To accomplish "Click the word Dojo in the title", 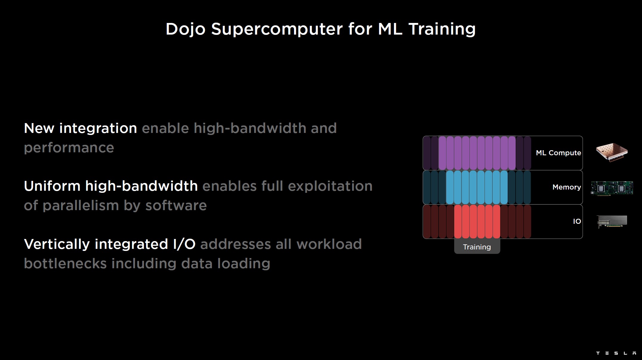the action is coord(185,29).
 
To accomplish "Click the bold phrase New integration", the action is coord(81,128).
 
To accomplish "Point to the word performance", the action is coord(69,148).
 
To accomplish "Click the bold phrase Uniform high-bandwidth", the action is coord(111,186).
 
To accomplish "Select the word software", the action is coord(176,206).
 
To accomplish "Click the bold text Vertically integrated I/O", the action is coord(110,244).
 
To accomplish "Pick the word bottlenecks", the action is coord(65,263).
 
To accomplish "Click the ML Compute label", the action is coord(559,153).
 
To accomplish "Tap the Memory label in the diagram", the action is coord(567,187).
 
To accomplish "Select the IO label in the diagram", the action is coord(577,221).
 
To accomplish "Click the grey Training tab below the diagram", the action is coord(477,246).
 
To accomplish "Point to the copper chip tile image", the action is coord(612,152).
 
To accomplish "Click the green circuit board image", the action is coord(612,188).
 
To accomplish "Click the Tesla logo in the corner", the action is coord(616,353).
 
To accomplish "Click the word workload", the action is coord(329,244).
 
